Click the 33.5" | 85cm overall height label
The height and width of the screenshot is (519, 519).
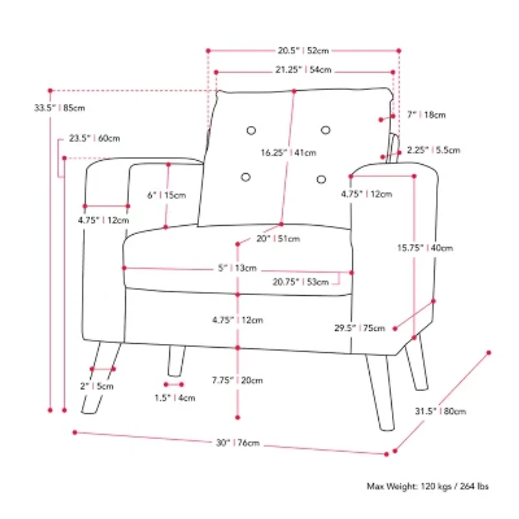(59, 108)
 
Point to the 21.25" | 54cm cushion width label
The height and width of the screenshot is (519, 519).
(303, 70)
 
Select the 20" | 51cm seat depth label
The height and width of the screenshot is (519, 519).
(278, 239)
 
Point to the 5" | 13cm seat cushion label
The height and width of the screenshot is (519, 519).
(237, 268)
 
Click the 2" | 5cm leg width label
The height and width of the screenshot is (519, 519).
(97, 386)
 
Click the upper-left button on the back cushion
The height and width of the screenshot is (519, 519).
(251, 130)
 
